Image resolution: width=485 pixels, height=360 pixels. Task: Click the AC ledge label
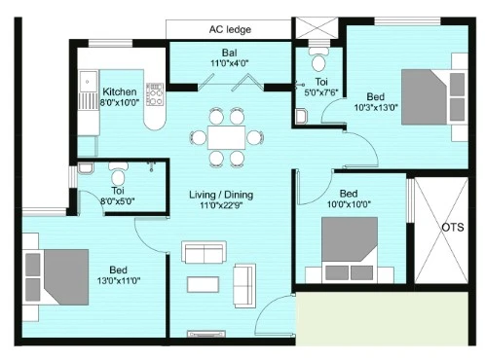coord(230,29)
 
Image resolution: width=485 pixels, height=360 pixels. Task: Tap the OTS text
coord(453,227)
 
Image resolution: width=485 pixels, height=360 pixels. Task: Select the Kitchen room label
coord(120,91)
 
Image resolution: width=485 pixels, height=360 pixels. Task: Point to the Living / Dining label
coord(221,195)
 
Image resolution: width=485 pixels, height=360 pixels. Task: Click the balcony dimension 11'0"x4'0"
coord(230,63)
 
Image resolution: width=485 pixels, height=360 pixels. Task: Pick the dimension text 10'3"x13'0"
coord(376,107)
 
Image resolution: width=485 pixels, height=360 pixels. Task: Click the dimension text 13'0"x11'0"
coord(119,280)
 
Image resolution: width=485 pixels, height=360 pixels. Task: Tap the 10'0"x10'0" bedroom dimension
coord(349,204)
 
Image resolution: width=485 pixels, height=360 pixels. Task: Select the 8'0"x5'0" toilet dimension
coord(117,201)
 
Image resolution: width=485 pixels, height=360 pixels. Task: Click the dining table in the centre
coord(226,137)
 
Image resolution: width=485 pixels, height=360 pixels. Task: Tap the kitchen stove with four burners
coord(155,94)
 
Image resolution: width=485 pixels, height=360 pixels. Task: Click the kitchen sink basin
coord(89,82)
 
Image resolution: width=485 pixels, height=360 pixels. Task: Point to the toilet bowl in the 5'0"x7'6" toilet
coord(318,60)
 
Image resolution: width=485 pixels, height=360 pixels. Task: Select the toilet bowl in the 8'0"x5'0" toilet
coord(118,173)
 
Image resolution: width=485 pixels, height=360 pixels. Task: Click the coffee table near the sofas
coord(203,284)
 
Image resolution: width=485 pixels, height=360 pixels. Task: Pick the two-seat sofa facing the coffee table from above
coord(204,252)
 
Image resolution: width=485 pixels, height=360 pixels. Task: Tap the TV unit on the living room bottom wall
coord(206,334)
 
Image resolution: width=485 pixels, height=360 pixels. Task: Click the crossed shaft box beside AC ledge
coord(316,28)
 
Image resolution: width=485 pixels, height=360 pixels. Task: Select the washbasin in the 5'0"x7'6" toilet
coord(301,117)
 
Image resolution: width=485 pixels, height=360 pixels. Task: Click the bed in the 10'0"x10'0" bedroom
coord(350,250)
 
